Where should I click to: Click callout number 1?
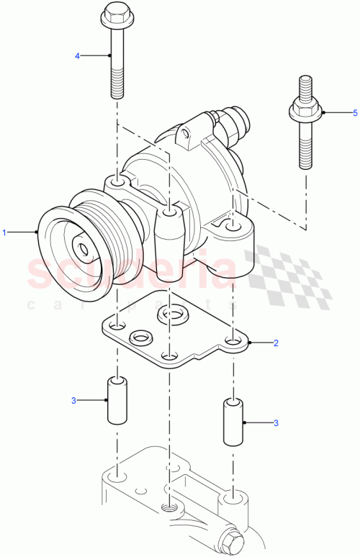pyautogui.click(x=6, y=232)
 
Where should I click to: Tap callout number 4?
pyautogui.click(x=78, y=55)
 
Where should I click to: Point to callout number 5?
pyautogui.click(x=354, y=113)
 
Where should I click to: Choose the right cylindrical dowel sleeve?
pyautogui.click(x=232, y=420)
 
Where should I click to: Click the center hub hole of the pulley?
pyautogui.click(x=84, y=250)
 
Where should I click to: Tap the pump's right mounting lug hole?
pyautogui.click(x=231, y=227)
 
